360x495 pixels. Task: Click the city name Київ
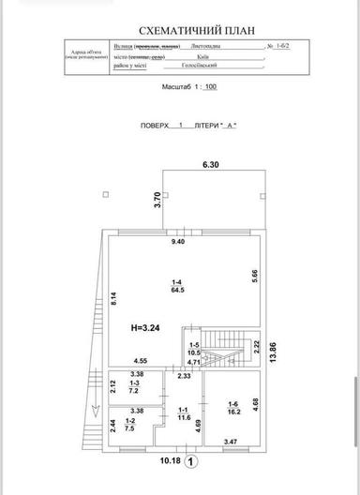click(x=202, y=56)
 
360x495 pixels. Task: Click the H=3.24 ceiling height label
click(x=148, y=329)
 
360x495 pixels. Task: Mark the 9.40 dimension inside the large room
click(x=177, y=242)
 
